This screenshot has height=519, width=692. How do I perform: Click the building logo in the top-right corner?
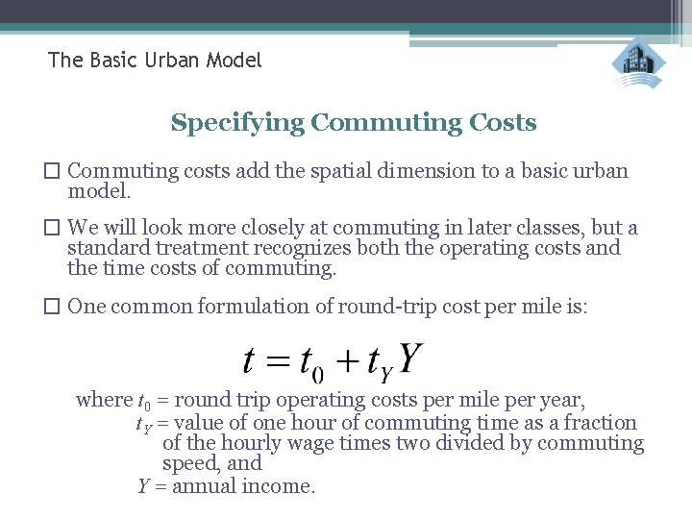pos(638,63)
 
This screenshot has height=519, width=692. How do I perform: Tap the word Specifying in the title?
pos(237,123)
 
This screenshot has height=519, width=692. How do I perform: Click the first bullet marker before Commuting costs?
pos(55,172)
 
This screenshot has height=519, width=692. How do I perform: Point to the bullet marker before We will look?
pos(55,229)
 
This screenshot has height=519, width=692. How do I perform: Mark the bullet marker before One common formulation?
pos(55,307)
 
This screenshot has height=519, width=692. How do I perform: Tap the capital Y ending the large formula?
pos(409,359)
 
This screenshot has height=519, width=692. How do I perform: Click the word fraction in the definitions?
pos(601,423)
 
